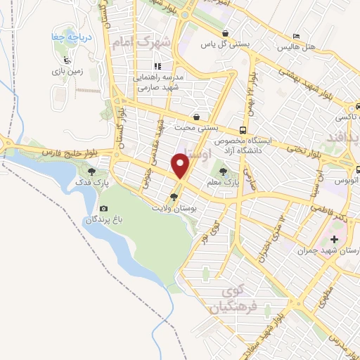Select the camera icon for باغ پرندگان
click(x=104, y=209)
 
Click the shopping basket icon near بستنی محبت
click(x=196, y=117)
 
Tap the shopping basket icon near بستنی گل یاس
click(x=224, y=33)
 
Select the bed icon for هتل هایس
click(x=296, y=35)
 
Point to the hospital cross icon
click(x=334, y=239)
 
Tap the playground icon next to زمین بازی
click(x=66, y=60)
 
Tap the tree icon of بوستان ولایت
click(x=174, y=197)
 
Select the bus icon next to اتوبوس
click(x=358, y=169)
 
